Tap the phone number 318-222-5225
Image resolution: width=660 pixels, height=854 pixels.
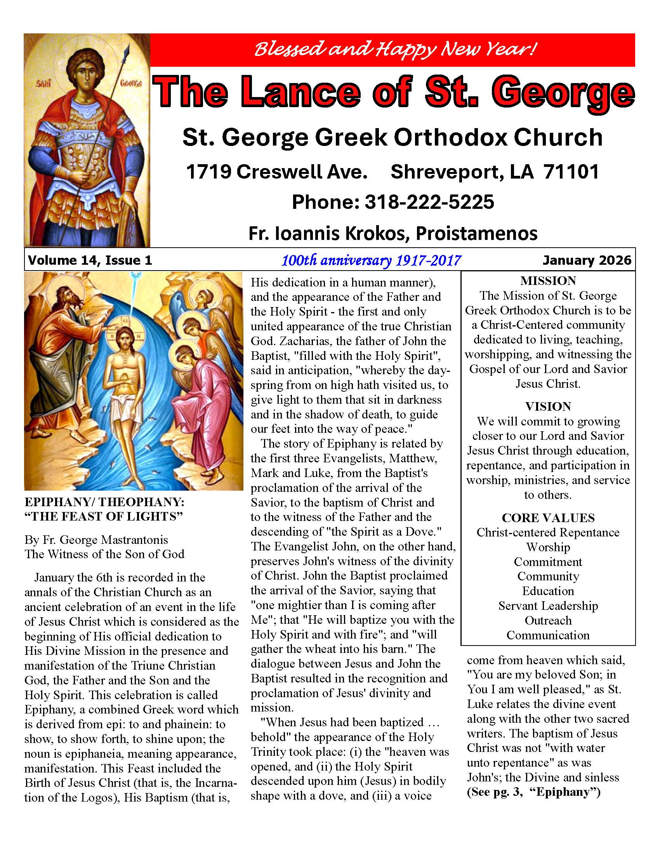pos(429,202)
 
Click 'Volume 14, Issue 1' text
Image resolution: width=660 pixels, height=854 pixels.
pos(90,260)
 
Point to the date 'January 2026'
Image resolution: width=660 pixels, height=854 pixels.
pos(587,260)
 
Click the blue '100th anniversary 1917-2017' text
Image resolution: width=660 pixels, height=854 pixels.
pos(371,260)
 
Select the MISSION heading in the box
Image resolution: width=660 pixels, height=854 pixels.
pos(548,281)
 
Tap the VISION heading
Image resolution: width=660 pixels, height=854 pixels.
pos(548,406)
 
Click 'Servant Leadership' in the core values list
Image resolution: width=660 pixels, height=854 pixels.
pos(548,606)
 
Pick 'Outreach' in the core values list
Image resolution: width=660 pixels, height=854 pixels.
pos(548,621)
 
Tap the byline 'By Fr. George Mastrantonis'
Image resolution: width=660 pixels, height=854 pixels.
pos(96,540)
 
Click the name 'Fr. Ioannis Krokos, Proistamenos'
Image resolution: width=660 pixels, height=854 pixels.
pos(393,233)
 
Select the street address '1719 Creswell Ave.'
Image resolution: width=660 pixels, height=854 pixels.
pos(276,172)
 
